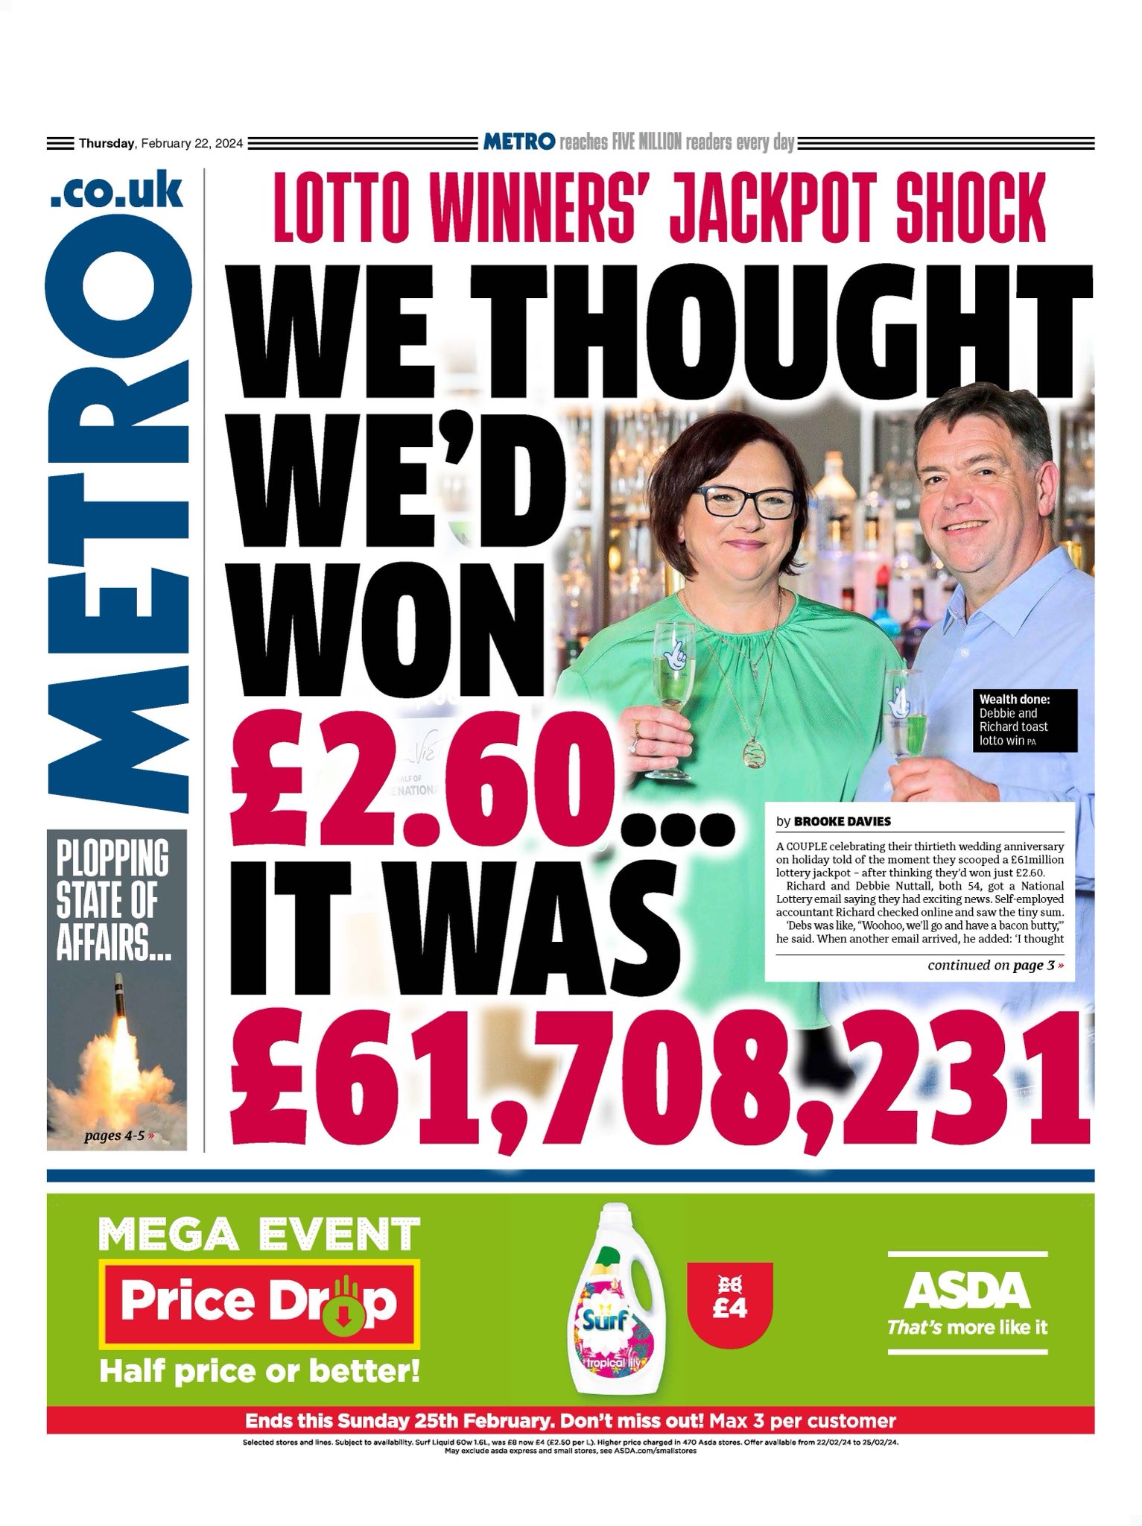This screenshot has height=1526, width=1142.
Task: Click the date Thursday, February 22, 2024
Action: [x=160, y=144]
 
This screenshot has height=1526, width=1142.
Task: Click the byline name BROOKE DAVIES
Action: [x=841, y=821]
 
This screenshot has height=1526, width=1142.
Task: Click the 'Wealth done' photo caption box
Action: [x=1024, y=720]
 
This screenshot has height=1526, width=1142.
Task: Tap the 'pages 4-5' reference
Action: [x=119, y=1136]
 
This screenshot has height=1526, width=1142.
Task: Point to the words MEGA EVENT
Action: [x=259, y=1233]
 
